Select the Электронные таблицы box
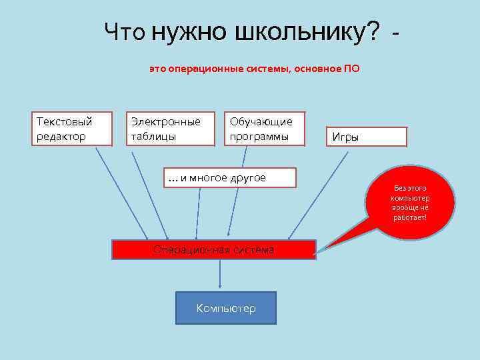coord(171,128)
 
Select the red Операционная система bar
coord(213,250)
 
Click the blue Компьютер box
coord(225,308)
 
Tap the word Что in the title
coord(125,31)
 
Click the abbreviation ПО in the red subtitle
coord(351,69)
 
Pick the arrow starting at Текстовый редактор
coord(122,193)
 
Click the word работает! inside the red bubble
coord(410,218)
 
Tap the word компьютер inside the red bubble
coord(411,198)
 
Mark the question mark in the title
coord(373,31)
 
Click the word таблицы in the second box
coord(154,137)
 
